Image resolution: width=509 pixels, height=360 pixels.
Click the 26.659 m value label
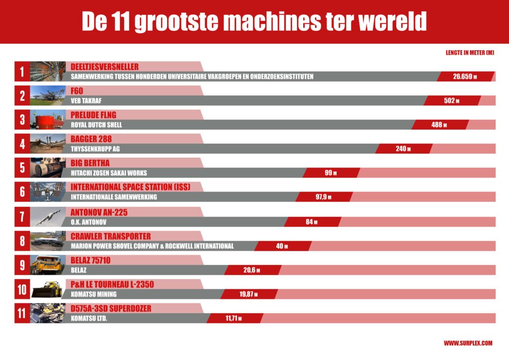tap(465, 77)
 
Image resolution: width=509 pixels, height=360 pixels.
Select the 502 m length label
tap(451, 101)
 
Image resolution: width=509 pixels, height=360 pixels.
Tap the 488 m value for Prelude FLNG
tap(439, 125)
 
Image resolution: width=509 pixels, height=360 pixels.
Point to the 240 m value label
tap(403, 149)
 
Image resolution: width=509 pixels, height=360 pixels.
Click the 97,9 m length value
tap(323, 197)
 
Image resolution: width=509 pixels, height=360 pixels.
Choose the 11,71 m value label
tap(234, 318)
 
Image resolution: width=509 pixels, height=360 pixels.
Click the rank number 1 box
tap(22, 72)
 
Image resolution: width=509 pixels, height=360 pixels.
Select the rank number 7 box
tap(22, 217)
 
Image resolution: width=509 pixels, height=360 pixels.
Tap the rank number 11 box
tap(22, 313)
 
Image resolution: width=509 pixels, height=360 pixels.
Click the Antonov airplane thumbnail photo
tap(48, 217)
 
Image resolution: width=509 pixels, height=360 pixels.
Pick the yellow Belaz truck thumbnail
tap(48, 265)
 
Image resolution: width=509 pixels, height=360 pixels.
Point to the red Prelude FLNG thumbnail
tap(48, 120)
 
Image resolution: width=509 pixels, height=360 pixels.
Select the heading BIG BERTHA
tap(90, 163)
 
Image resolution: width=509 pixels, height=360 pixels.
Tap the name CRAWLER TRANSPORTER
tap(110, 236)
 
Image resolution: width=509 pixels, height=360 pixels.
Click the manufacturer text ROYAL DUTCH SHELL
tap(96, 125)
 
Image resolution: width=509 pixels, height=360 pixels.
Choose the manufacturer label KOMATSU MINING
tap(94, 294)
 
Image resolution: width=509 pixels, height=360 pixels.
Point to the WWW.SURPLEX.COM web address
tap(468, 343)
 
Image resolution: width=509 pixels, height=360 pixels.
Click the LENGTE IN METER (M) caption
tap(470, 53)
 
